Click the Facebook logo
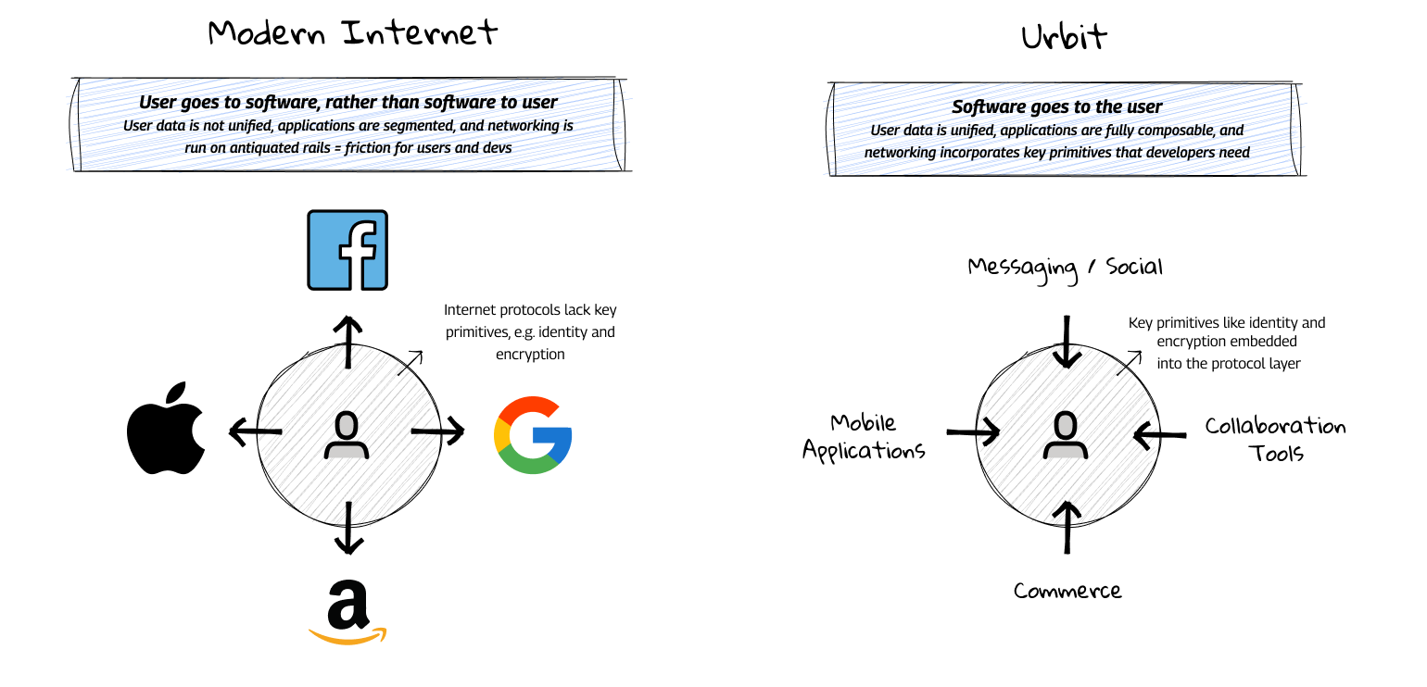click(x=347, y=250)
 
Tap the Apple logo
click(x=166, y=428)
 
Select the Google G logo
click(x=533, y=435)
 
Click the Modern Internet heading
click(x=353, y=33)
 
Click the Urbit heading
click(x=1065, y=38)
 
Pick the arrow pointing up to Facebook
click(x=348, y=342)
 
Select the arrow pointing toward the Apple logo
click(x=255, y=430)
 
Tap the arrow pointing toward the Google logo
click(x=438, y=431)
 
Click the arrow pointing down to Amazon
click(x=347, y=528)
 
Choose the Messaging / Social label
click(x=1065, y=268)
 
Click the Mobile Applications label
click(x=864, y=437)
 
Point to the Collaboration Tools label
click(x=1275, y=440)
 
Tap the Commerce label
click(x=1067, y=591)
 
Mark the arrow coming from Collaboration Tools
click(x=1159, y=432)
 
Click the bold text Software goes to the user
click(x=1056, y=107)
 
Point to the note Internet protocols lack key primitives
click(x=530, y=331)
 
